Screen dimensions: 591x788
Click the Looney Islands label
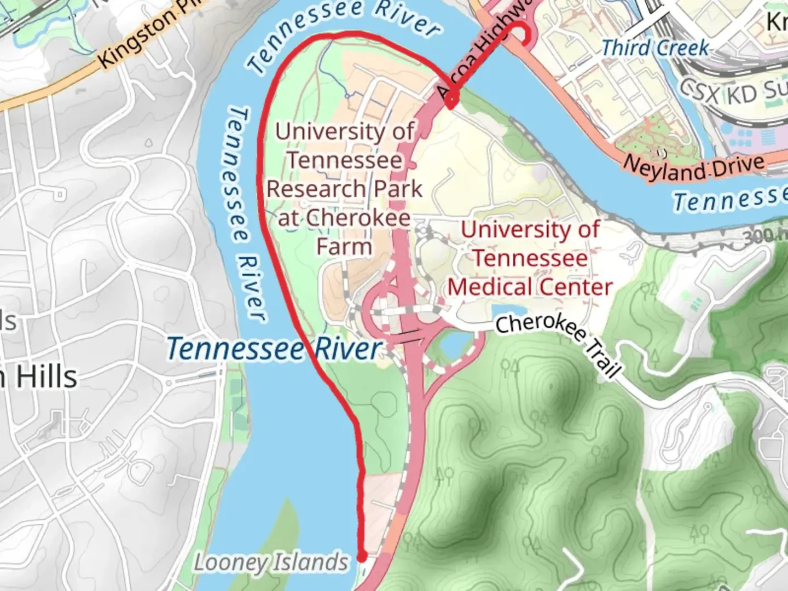pos(271,563)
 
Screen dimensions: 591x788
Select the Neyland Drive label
pos(693,167)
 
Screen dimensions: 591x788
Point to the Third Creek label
pos(655,48)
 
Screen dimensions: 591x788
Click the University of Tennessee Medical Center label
pos(530,258)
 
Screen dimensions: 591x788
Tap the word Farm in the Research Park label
pos(344,246)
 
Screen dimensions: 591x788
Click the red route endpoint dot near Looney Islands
pos(362,557)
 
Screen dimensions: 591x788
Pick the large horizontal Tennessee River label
pos(274,349)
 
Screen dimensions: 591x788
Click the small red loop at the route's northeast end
pos(523,34)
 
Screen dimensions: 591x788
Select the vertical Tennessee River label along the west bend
pos(244,213)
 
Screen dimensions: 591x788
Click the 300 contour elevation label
pos(763,235)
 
